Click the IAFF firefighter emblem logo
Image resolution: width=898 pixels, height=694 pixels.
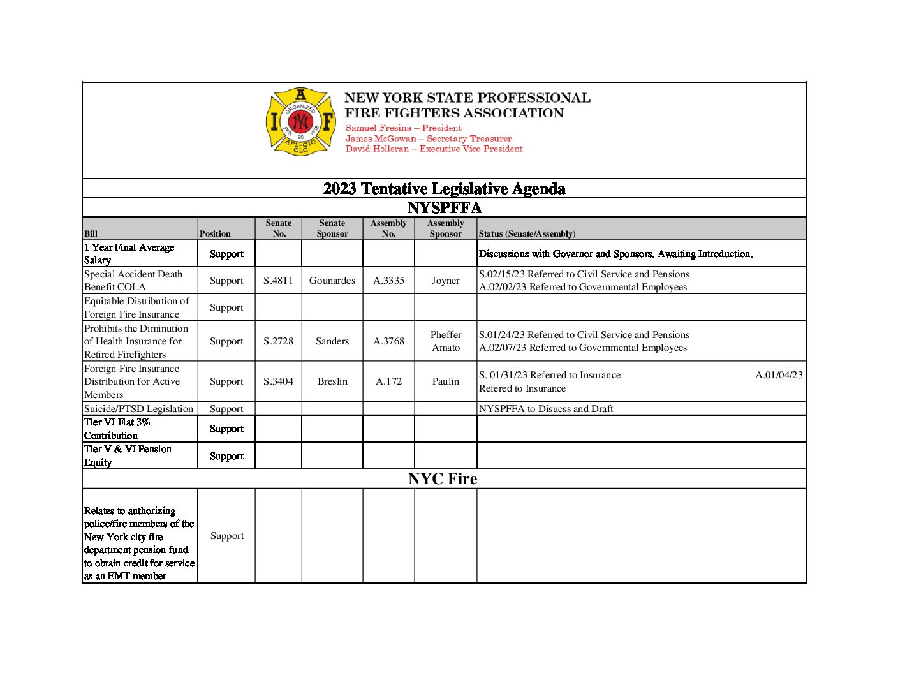300,122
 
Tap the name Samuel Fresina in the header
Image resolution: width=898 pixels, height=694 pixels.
379,128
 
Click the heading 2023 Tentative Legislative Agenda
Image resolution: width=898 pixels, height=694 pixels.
444,189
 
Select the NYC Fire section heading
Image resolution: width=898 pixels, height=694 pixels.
443,479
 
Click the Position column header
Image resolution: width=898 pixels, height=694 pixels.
215,234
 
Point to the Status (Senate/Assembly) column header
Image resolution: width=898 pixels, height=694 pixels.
527,234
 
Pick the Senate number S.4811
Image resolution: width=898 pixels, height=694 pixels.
278,281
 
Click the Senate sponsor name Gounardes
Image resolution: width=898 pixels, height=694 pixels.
332,281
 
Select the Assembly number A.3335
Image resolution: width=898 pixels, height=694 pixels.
388,281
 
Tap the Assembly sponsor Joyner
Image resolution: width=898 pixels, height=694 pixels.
445,281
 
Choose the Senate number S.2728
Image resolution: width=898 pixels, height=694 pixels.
278,341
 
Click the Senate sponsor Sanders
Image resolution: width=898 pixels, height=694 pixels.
332,341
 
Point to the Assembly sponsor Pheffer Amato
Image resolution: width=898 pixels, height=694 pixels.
446,341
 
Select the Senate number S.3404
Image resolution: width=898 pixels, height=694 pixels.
278,381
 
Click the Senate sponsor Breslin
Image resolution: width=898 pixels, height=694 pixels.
332,381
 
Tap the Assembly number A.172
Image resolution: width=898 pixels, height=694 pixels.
388,381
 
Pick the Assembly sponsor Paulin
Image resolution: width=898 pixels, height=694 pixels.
445,381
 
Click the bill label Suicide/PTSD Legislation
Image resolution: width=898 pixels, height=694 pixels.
138,409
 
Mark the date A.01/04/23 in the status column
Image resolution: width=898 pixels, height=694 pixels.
779,375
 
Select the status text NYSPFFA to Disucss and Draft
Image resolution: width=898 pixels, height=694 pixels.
546,409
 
